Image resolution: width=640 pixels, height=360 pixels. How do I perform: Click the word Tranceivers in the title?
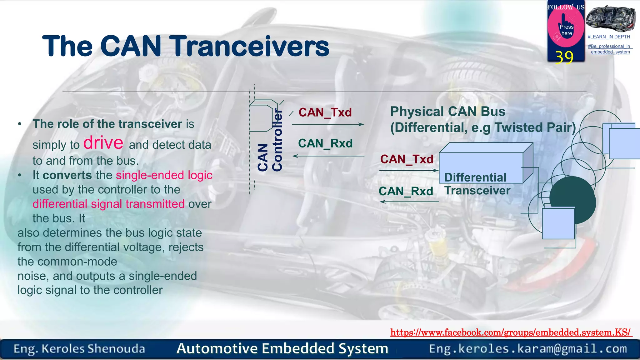pyautogui.click(x=250, y=46)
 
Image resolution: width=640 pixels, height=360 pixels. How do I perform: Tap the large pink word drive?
pyautogui.click(x=103, y=143)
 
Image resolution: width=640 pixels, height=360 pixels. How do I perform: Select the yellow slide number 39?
pyautogui.click(x=564, y=57)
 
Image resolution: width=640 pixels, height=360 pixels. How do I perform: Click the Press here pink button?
pyautogui.click(x=566, y=30)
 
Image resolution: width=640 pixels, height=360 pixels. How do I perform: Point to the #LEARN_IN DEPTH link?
pyautogui.click(x=609, y=37)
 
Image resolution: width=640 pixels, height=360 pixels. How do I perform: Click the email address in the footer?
pyautogui.click(x=528, y=348)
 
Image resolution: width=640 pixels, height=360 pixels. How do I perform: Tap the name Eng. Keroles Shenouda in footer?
pyautogui.click(x=79, y=349)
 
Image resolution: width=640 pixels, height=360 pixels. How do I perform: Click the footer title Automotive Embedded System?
pyautogui.click(x=282, y=348)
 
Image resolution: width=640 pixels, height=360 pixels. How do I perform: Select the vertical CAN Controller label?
pyautogui.click(x=270, y=141)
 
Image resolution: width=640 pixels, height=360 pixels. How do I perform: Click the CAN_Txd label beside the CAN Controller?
pyautogui.click(x=325, y=112)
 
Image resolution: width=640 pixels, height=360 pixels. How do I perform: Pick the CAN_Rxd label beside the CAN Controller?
pyautogui.click(x=325, y=143)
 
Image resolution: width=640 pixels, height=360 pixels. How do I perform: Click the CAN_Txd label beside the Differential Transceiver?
pyautogui.click(x=407, y=159)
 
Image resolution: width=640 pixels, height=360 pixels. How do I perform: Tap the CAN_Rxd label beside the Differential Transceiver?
pyautogui.click(x=406, y=191)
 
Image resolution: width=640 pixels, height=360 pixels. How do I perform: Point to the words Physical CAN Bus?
pyautogui.click(x=447, y=112)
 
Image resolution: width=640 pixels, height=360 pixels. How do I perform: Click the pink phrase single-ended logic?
pyautogui.click(x=164, y=175)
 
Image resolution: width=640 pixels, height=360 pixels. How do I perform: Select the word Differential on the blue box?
pyautogui.click(x=475, y=177)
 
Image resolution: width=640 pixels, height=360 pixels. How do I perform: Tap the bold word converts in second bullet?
pyautogui.click(x=67, y=175)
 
